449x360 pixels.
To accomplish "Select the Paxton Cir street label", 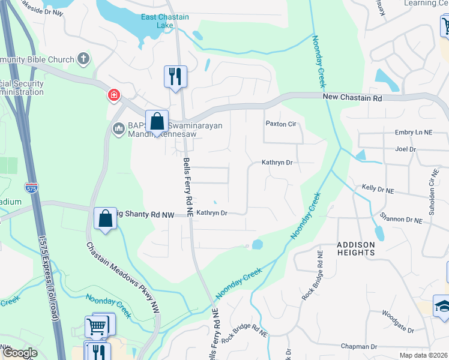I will coord(282,124).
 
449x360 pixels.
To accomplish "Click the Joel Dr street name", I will coord(406,149).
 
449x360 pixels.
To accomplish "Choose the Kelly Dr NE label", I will coord(378,189).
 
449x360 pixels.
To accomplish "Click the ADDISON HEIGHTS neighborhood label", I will coord(355,248).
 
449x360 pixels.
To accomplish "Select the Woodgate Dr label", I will coord(397,329).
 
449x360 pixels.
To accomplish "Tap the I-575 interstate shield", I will coord(32,187).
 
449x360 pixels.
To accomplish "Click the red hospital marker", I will coord(113,95).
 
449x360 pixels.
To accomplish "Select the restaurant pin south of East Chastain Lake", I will coord(175,77).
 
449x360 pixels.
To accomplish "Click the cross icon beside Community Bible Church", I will coord(83,59).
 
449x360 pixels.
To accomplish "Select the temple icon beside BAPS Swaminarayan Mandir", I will coord(118,127).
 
